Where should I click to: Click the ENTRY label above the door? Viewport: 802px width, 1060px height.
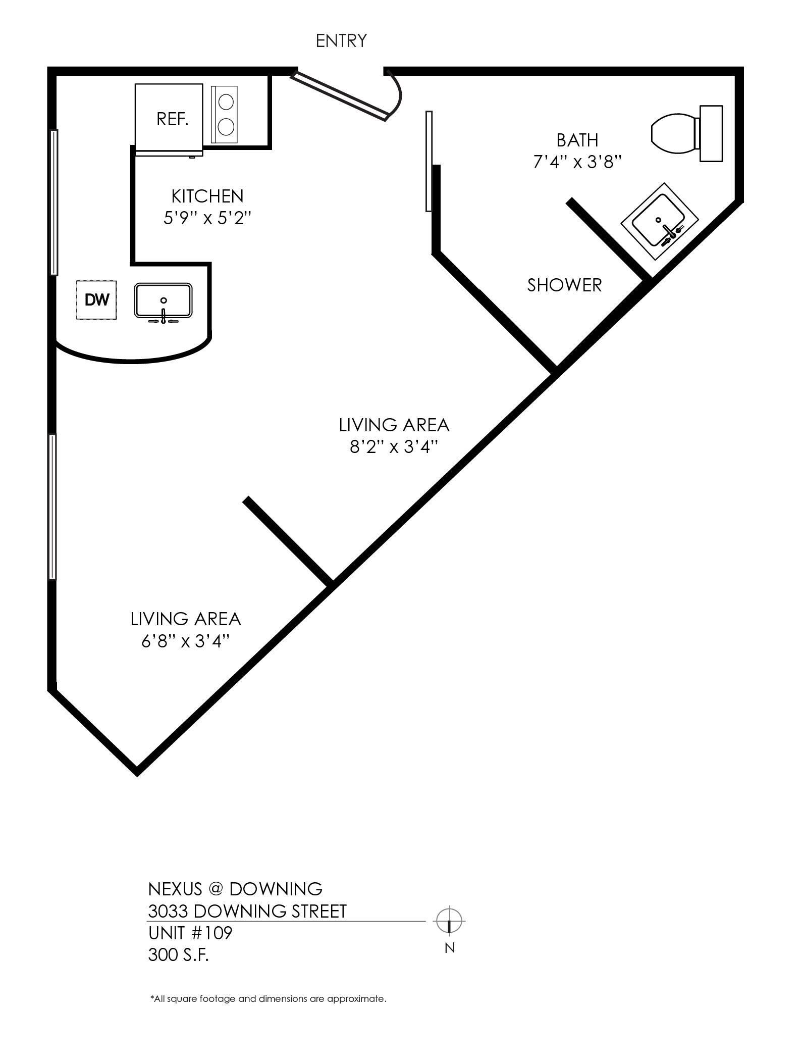tap(341, 40)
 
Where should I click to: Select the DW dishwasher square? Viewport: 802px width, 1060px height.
tap(96, 300)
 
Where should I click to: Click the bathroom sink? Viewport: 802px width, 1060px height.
tap(659, 222)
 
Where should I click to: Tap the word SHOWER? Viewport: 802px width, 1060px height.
tap(565, 285)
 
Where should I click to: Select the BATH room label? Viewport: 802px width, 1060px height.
tap(577, 140)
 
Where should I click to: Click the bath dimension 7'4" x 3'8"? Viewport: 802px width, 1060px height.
tap(577, 162)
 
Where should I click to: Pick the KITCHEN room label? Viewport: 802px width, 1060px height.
tap(207, 196)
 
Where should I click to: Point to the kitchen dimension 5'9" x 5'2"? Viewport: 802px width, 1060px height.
tap(207, 218)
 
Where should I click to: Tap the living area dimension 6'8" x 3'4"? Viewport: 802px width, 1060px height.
tap(186, 641)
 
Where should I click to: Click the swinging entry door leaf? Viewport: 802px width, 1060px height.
tap(340, 95)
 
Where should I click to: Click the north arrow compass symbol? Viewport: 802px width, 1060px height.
tap(449, 920)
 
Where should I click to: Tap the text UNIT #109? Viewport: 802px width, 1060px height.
tap(190, 933)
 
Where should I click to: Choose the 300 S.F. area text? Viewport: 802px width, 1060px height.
tap(178, 954)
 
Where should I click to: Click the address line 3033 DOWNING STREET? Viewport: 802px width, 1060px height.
tap(247, 911)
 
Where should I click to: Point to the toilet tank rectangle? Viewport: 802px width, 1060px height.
tap(711, 134)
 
